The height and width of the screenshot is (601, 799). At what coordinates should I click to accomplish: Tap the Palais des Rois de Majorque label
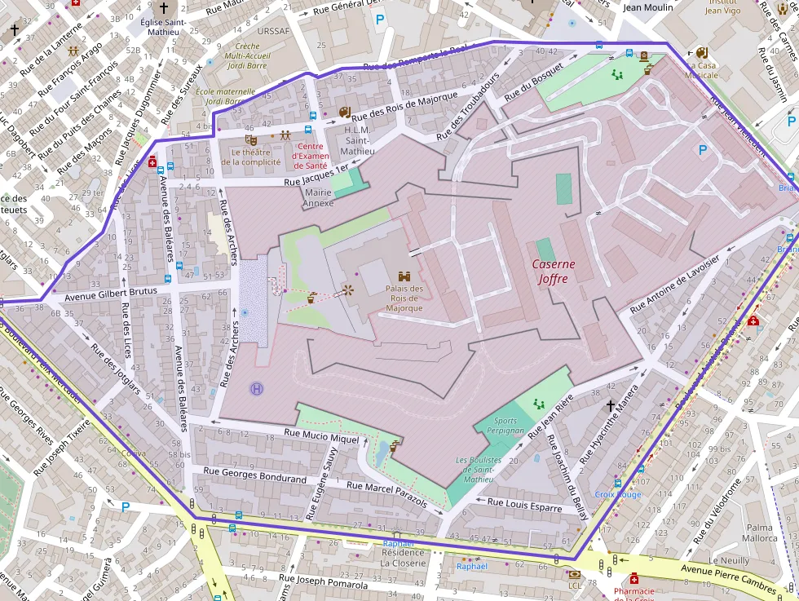point(404,298)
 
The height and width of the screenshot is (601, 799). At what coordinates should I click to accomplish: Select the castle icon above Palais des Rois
point(404,276)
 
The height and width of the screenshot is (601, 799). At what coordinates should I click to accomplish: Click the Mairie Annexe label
point(318,198)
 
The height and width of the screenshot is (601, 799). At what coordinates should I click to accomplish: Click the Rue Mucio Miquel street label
point(320,435)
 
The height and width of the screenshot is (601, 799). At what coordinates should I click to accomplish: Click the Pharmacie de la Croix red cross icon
point(633,578)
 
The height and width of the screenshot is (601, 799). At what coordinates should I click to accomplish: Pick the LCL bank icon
point(575,574)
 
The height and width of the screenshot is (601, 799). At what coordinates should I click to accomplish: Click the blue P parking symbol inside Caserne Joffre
point(703,150)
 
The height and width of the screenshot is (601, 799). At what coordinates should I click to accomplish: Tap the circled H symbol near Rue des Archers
point(258,389)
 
